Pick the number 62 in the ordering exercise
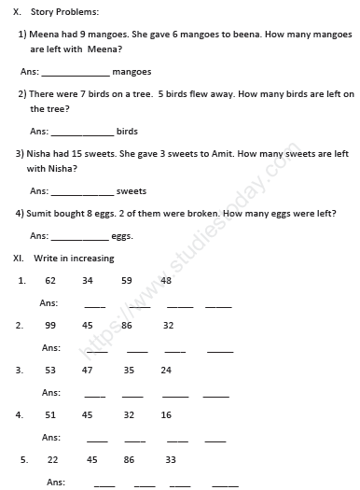(x=50, y=280)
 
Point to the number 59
(x=127, y=280)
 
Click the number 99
(x=50, y=325)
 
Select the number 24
(x=166, y=371)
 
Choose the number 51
(x=50, y=414)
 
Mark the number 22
(x=52, y=460)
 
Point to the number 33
(x=171, y=460)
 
